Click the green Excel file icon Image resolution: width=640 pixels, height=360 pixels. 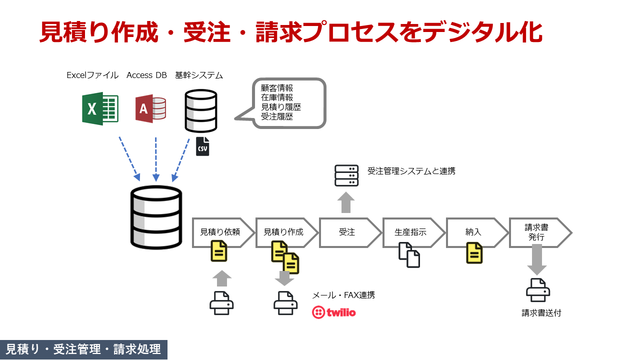(x=100, y=108)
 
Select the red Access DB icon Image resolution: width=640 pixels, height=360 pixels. (x=150, y=108)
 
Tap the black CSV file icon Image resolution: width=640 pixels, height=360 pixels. (x=202, y=146)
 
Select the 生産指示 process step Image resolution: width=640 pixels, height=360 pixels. (x=410, y=232)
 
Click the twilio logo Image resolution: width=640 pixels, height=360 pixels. (x=334, y=312)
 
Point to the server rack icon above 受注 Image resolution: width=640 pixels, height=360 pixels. (x=346, y=176)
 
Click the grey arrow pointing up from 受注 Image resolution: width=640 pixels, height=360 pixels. (x=346, y=202)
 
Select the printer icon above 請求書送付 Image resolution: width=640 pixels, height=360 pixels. (x=538, y=290)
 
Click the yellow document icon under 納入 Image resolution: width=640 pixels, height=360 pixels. (x=474, y=252)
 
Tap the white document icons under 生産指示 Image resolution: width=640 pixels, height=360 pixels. (x=409, y=254)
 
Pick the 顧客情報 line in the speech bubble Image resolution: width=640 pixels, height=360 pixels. (x=277, y=88)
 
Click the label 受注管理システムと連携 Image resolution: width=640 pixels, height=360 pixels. (x=411, y=171)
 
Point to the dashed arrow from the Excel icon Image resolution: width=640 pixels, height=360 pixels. (x=129, y=158)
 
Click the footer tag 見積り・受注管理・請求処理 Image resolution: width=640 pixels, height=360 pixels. (x=83, y=349)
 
